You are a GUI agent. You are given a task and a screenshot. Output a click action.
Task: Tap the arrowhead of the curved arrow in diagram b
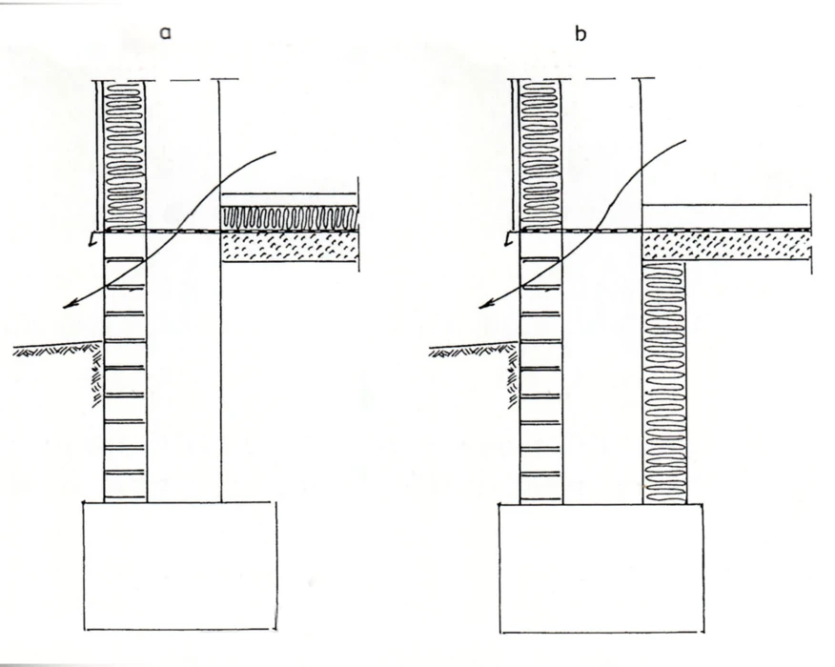click(482, 306)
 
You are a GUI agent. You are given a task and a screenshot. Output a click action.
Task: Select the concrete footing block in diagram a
click(180, 565)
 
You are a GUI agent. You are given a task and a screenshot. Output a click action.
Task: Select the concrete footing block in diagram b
click(601, 567)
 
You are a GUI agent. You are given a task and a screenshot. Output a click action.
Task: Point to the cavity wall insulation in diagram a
click(124, 152)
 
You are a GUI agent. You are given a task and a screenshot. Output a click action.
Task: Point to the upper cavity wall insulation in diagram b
click(540, 152)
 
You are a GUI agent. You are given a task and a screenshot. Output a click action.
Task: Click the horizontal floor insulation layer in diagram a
click(289, 218)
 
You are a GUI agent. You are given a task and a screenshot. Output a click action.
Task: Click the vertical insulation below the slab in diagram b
click(665, 381)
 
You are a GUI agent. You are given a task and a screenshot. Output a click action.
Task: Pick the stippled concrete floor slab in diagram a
click(289, 246)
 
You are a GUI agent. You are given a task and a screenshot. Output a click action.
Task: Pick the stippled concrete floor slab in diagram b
click(724, 246)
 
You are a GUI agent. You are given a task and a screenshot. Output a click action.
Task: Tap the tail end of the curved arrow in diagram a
click(275, 151)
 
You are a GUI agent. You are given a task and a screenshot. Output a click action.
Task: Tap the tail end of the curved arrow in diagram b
click(684, 141)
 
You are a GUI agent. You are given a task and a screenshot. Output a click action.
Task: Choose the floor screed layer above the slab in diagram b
click(724, 217)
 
